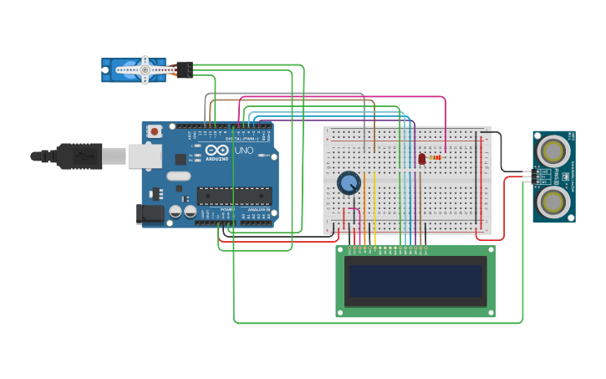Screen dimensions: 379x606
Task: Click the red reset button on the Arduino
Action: [x=155, y=131]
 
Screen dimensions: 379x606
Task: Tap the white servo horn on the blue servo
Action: [x=145, y=70]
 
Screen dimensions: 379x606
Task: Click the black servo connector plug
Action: [x=185, y=69]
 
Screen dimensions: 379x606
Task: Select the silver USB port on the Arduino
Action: [x=145, y=156]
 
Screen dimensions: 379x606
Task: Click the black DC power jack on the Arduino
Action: [x=150, y=213]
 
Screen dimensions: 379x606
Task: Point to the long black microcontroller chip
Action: [x=234, y=196]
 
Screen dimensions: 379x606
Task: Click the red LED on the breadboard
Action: [x=422, y=158]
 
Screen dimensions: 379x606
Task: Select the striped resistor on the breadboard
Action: [x=435, y=157]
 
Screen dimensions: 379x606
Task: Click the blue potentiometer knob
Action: [x=349, y=183]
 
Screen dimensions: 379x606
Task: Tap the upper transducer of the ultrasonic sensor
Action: [x=553, y=150]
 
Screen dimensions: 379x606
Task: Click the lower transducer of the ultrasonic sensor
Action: [x=553, y=201]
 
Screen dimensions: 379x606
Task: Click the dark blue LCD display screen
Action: [x=416, y=281]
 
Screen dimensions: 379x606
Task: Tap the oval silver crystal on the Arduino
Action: [x=178, y=177]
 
